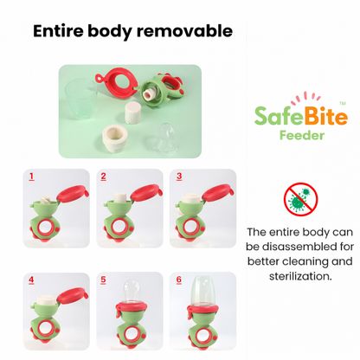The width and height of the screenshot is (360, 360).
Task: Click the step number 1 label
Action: (x=31, y=176)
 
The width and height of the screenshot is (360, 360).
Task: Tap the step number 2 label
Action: (x=104, y=176)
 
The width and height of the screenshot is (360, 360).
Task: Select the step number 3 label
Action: (x=178, y=176)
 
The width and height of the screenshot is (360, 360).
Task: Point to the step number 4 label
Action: (x=31, y=280)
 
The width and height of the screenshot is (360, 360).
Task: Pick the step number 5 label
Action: (x=104, y=280)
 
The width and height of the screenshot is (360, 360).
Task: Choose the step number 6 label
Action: (x=178, y=280)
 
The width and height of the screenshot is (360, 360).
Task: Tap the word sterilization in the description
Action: (x=299, y=276)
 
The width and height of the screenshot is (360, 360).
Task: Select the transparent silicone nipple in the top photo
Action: (x=164, y=135)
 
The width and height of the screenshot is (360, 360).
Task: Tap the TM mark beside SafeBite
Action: (x=343, y=103)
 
